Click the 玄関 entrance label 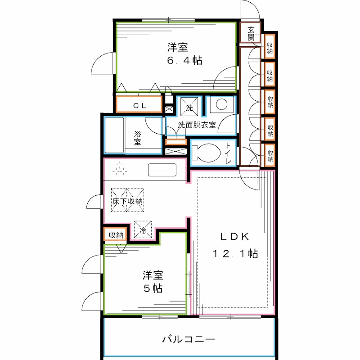251,33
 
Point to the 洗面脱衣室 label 197,125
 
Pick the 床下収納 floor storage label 128,202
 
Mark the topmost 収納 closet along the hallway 270,47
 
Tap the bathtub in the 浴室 115,135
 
